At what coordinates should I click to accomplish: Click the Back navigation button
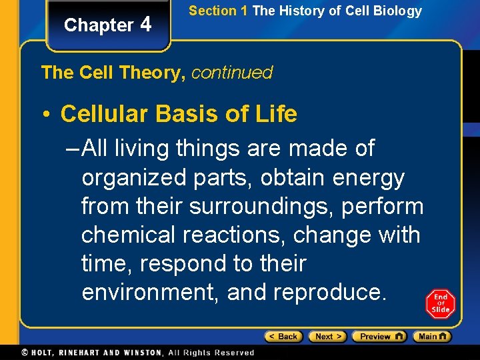(x=283, y=337)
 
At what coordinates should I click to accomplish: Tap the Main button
(x=432, y=337)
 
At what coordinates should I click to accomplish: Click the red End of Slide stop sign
(x=440, y=303)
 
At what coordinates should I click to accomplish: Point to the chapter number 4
(x=146, y=25)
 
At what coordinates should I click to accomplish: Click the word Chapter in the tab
(x=99, y=25)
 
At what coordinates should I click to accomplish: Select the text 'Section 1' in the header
(x=213, y=11)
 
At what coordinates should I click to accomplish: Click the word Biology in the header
(x=398, y=11)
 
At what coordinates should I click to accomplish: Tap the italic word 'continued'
(x=232, y=73)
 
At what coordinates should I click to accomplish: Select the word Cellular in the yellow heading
(x=105, y=114)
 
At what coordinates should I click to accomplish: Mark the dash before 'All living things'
(x=75, y=148)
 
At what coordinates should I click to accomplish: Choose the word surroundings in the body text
(x=261, y=207)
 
